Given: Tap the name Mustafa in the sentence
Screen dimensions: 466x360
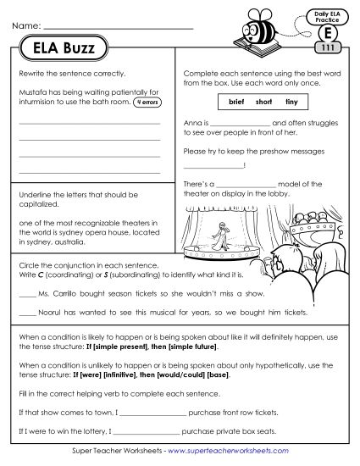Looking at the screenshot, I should point(30,91).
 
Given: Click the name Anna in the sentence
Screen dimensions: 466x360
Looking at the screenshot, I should point(191,124).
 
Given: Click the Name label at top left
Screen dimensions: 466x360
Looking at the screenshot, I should point(26,27).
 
